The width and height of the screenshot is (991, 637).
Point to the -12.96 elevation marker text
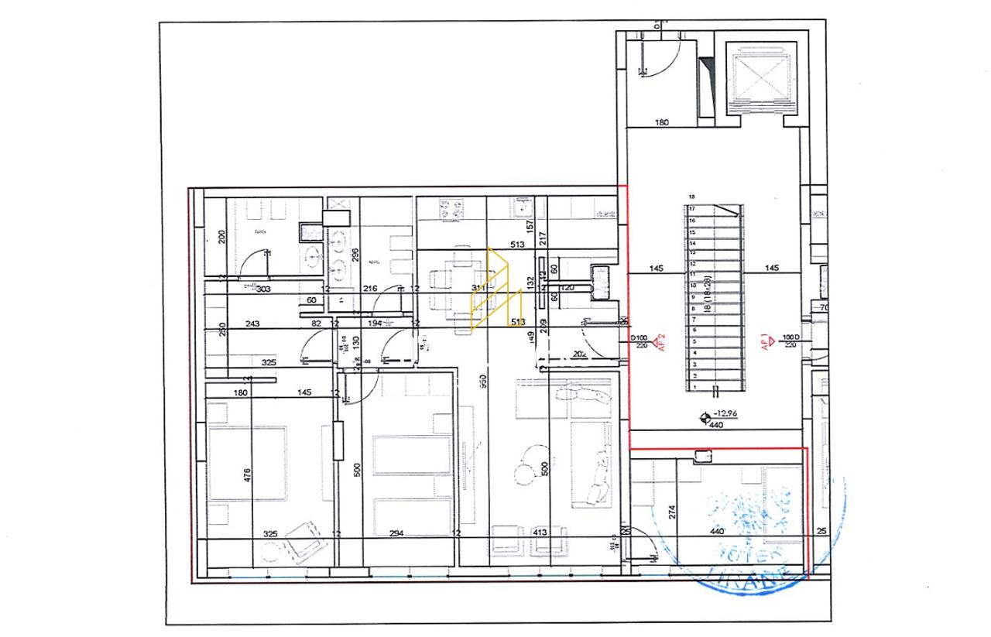coord(725,415)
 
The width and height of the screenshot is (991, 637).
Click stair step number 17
coord(692,209)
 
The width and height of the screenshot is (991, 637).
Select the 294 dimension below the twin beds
coord(396,533)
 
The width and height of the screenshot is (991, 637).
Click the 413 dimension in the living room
coord(540,533)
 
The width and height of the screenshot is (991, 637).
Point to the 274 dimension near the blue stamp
coord(672,511)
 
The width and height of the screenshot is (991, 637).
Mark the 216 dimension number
coord(370,289)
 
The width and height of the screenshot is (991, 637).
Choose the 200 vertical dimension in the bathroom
coord(221,237)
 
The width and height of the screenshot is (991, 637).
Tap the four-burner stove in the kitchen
coord(451,209)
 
